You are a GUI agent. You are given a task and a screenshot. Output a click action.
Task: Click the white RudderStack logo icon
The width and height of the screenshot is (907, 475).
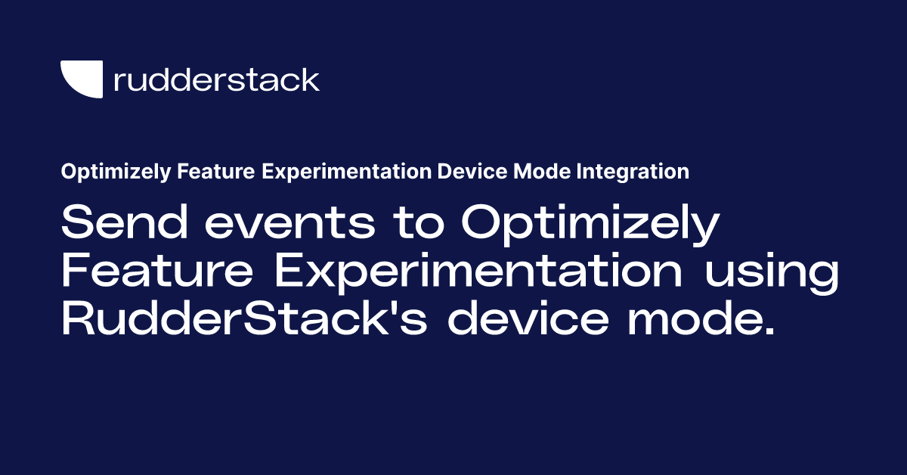[x=81, y=79]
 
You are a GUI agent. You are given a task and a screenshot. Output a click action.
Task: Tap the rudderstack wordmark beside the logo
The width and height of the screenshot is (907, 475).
[x=216, y=79]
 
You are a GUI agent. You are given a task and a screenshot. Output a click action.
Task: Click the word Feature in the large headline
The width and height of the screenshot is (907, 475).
[x=158, y=273]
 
